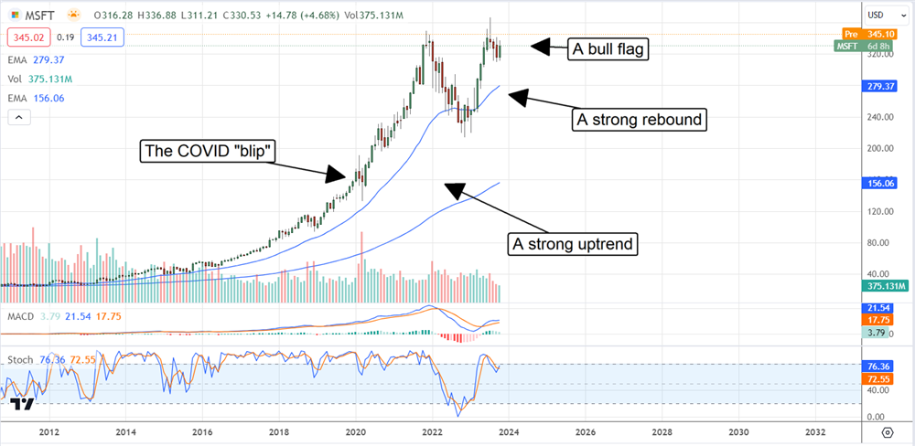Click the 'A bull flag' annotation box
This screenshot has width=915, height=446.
tap(608, 49)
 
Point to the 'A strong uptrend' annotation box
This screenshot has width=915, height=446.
tap(573, 244)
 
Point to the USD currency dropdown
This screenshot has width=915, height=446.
tap(880, 15)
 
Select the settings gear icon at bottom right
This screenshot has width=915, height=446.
tap(887, 431)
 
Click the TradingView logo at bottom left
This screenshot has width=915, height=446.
tap(24, 405)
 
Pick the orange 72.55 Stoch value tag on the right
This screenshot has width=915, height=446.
tap(880, 378)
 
